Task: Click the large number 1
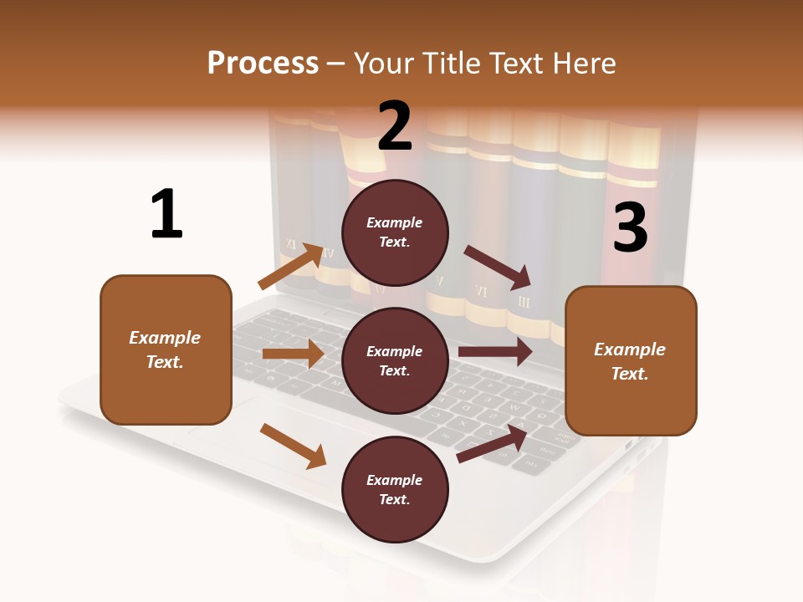coord(166,214)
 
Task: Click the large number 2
coord(395,125)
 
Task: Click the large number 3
coord(631,228)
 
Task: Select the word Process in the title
coord(263,63)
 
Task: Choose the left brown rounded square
coord(166,349)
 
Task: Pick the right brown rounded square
coord(631,360)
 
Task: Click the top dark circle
coord(395,232)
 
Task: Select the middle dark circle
coord(395,361)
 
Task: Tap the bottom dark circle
coord(395,490)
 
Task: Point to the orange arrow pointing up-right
coord(290,266)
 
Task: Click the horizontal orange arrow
coord(293,354)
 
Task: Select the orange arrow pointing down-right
coord(293,445)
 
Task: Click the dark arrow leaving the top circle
coord(499,267)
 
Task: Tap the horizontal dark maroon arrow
coord(494,351)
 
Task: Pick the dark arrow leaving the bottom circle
coord(492,444)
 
